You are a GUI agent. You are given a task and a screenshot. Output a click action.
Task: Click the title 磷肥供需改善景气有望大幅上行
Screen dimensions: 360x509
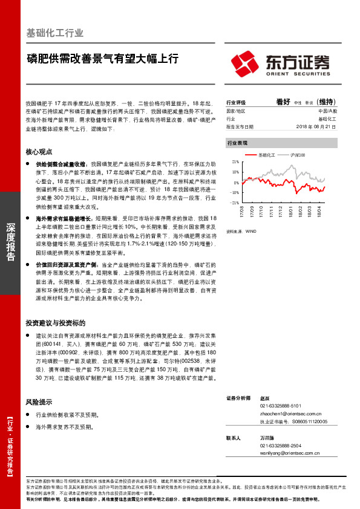[102, 59]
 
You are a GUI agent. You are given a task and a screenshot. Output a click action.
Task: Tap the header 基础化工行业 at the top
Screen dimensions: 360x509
[56, 33]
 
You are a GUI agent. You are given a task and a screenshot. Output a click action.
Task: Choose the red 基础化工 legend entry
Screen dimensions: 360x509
[263, 155]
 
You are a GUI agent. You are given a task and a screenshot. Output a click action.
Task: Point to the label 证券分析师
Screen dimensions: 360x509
[238, 398]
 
